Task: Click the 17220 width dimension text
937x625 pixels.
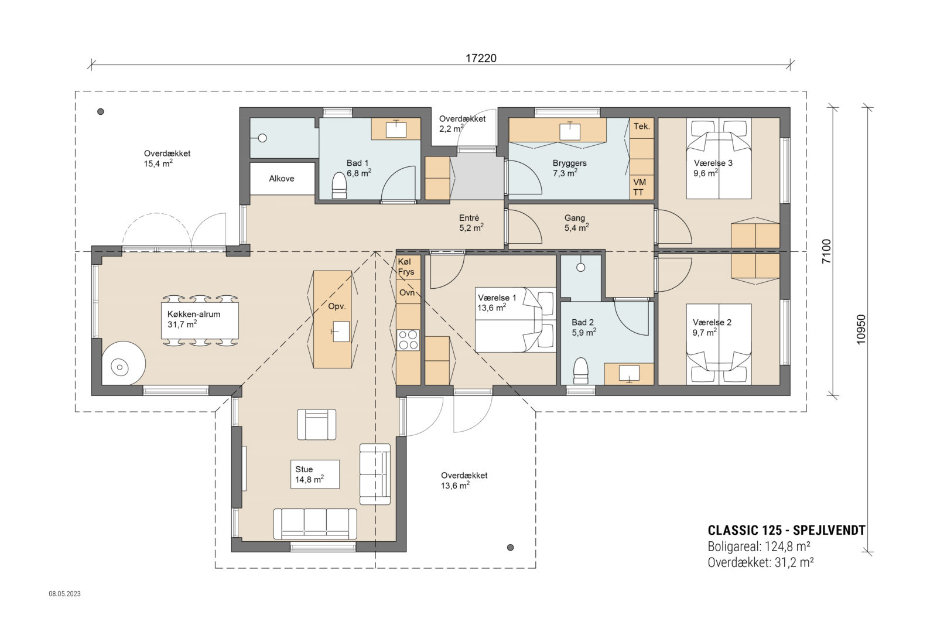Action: [x=481, y=58]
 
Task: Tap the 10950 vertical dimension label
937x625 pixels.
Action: [x=860, y=329]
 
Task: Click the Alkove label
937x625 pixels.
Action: [x=282, y=179]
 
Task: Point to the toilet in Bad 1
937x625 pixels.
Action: [x=339, y=185]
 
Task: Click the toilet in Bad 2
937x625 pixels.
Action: [x=580, y=370]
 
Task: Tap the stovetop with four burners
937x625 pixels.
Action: [x=408, y=340]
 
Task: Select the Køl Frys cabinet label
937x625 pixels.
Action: [x=406, y=267]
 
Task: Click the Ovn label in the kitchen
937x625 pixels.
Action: [x=406, y=292]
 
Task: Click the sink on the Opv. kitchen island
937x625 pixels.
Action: [x=340, y=331]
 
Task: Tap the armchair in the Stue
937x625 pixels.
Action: [x=317, y=424]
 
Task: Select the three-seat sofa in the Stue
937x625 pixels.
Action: [x=315, y=523]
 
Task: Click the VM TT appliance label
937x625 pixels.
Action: [x=639, y=187]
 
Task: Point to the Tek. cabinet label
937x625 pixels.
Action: [x=641, y=127]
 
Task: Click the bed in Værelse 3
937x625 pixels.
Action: [x=719, y=159]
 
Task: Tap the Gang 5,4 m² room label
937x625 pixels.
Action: [x=576, y=223]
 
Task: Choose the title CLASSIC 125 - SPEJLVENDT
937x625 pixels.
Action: [x=786, y=531]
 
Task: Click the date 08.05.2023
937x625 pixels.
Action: [x=64, y=594]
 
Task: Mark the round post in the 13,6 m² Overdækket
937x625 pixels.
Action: [x=510, y=548]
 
